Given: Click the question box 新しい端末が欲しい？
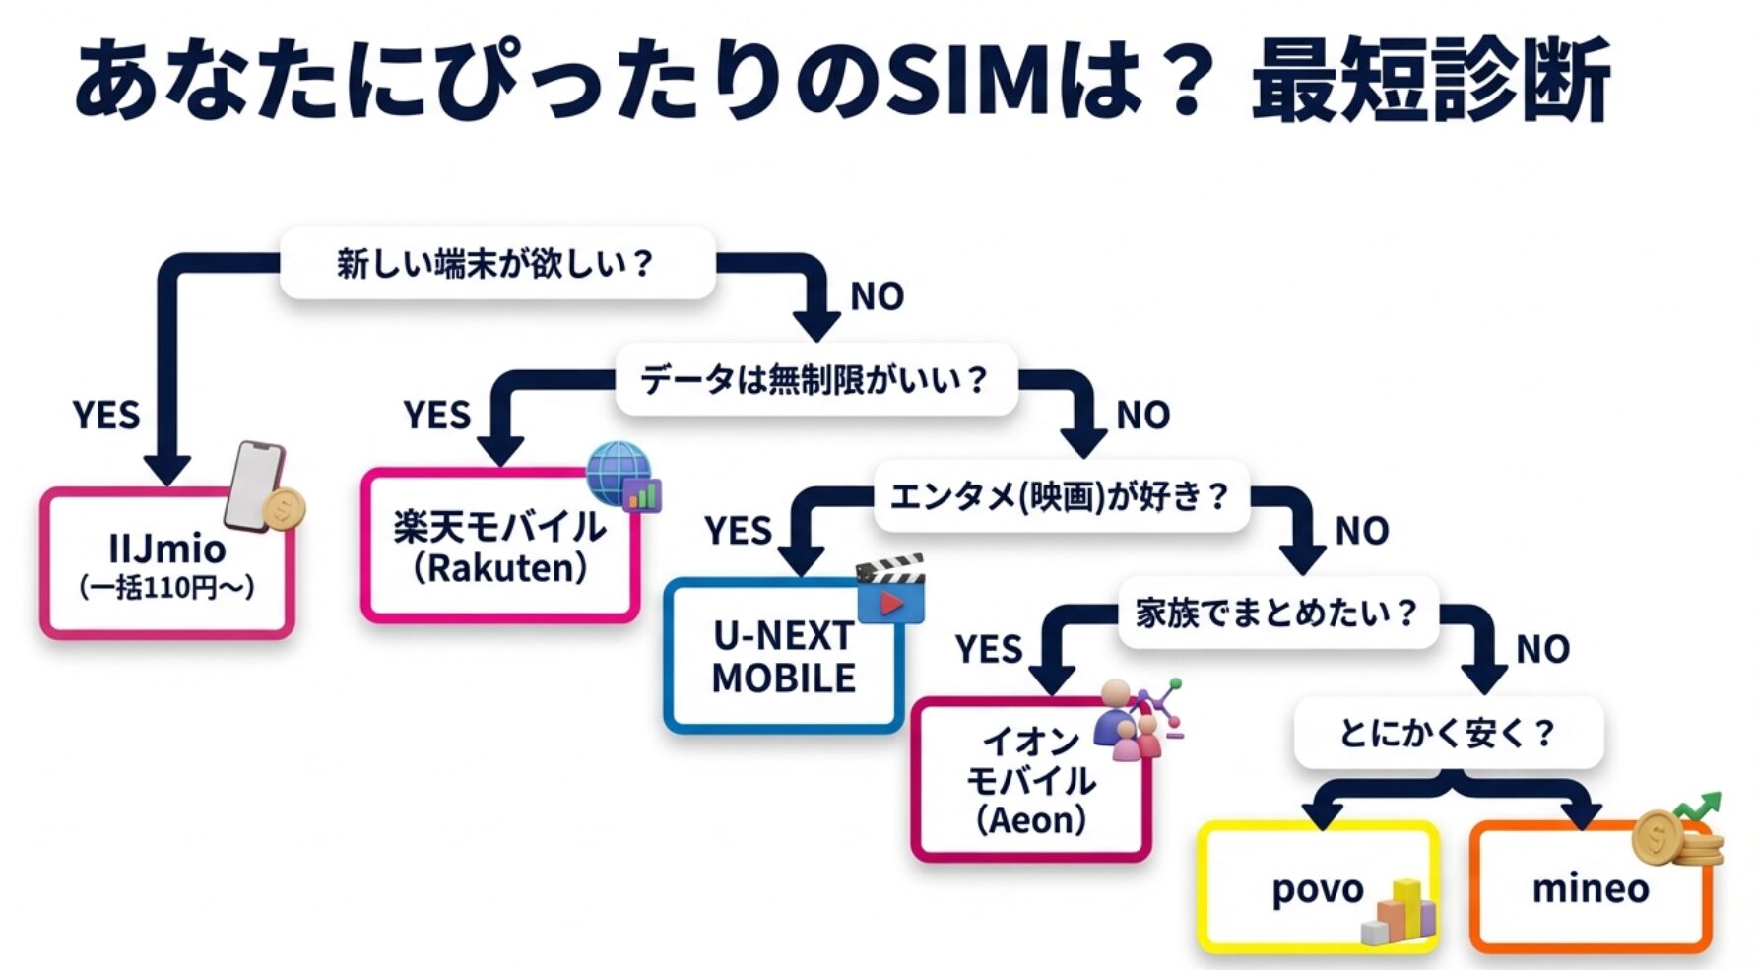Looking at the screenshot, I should tap(496, 263).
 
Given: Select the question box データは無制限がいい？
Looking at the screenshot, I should tap(814, 379).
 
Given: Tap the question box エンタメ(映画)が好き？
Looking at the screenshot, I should tap(1061, 496).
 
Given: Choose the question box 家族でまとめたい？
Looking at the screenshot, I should tap(1276, 613).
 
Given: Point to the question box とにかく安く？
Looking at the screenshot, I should tap(1448, 733).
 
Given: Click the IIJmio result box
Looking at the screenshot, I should tap(166, 566).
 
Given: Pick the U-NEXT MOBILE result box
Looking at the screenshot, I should tap(783, 657).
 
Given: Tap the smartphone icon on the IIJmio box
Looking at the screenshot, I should tap(254, 485).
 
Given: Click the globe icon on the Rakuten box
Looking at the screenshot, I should tap(619, 472).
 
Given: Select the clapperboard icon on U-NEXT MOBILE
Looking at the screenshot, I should tap(891, 588).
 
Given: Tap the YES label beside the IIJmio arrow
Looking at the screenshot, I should tap(106, 416).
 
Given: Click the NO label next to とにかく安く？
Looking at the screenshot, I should tap(1542, 650).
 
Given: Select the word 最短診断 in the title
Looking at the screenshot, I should tap(1430, 81).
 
